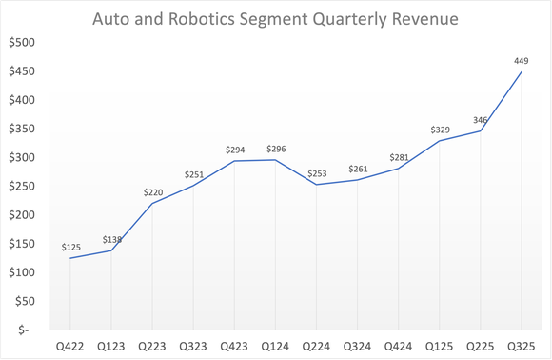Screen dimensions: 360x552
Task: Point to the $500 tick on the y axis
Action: pyautogui.click(x=20, y=43)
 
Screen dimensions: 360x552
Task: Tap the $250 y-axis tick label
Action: pyautogui.click(x=20, y=186)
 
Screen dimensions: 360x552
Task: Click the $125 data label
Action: pyautogui.click(x=69, y=246)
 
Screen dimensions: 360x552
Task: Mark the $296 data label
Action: pyautogui.click(x=276, y=149)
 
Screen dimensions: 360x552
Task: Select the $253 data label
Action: pyautogui.click(x=317, y=172)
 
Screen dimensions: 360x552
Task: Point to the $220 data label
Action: pyautogui.click(x=152, y=191)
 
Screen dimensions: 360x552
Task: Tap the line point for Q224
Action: pyautogui.click(x=317, y=184)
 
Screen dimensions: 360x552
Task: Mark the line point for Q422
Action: pyautogui.click(x=69, y=258)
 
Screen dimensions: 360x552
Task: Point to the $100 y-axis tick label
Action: pyautogui.click(x=20, y=272)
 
